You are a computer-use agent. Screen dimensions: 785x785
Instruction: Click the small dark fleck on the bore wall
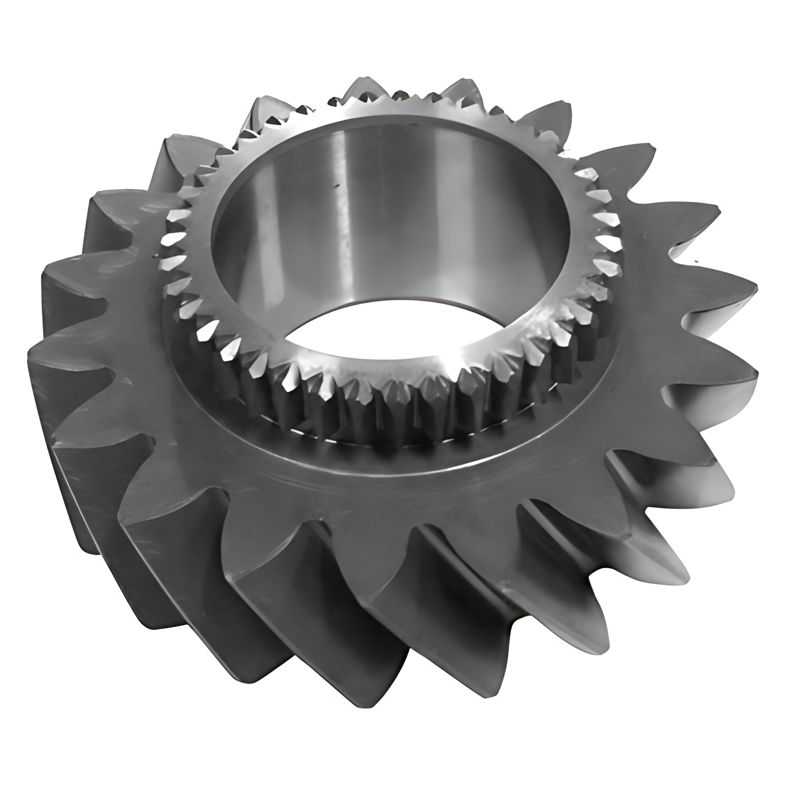(x=335, y=188)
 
